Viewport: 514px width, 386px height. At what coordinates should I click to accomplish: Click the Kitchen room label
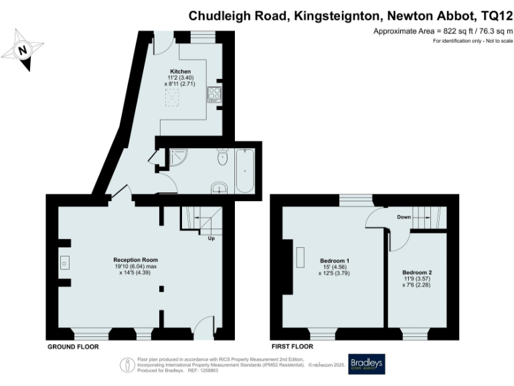(180, 72)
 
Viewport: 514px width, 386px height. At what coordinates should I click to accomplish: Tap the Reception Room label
(135, 259)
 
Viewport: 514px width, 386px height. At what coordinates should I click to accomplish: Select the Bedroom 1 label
(335, 260)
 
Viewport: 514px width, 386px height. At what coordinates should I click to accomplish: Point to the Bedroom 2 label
(417, 273)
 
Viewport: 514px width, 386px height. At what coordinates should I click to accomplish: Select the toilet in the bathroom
(222, 157)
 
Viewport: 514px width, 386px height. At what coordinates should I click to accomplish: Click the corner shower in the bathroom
(179, 158)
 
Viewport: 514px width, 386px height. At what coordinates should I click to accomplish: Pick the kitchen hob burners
(215, 94)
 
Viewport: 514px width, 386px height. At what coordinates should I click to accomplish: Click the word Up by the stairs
(211, 239)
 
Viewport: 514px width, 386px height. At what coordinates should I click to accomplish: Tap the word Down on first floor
(404, 217)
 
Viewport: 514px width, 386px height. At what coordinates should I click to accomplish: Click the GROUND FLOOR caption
(73, 347)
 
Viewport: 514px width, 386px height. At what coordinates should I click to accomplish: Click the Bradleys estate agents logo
(367, 364)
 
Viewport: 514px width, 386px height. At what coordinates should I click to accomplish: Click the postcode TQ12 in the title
(494, 15)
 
